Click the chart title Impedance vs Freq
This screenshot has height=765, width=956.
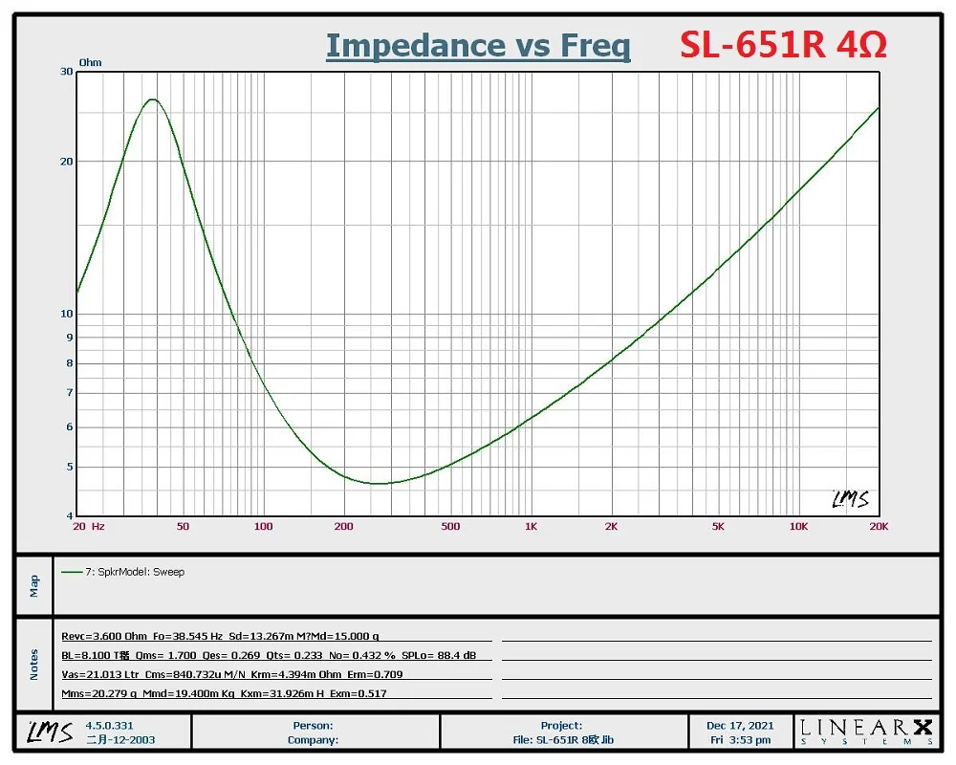pos(478,46)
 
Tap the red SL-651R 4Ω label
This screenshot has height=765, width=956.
pos(783,45)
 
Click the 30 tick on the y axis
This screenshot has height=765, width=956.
pos(67,72)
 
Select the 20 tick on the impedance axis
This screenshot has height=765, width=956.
pos(67,162)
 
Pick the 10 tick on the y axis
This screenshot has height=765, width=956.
pos(67,314)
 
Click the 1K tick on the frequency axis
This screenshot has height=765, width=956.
pos(531,526)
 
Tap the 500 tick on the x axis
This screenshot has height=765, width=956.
pos(450,526)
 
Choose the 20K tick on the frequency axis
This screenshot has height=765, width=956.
pos(878,526)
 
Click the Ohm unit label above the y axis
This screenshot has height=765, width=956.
pos(90,63)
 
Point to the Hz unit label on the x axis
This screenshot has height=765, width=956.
pos(98,526)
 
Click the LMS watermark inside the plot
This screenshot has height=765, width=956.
pos(850,499)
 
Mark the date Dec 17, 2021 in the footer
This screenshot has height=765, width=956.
pos(733,726)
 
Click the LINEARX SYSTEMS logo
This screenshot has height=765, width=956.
pos(866,732)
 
